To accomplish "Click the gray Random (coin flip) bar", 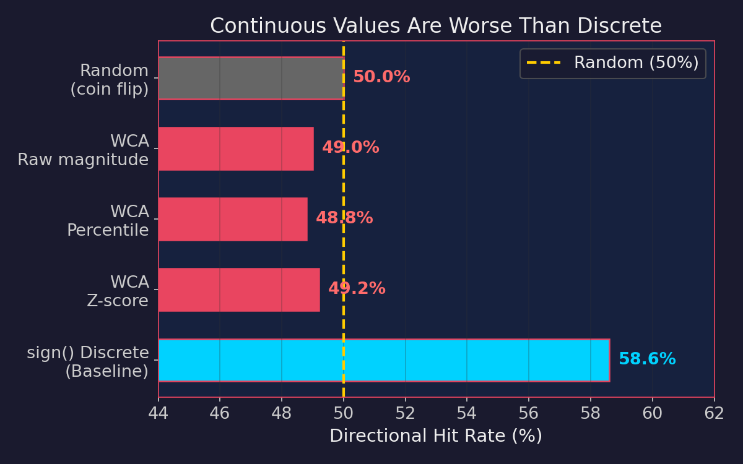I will [x=251, y=78].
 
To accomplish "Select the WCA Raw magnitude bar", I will [x=236, y=148].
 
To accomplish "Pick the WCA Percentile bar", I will [x=233, y=219].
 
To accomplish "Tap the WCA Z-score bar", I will [x=239, y=290].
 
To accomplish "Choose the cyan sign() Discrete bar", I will [x=384, y=360].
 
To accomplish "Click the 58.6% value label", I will [x=647, y=359].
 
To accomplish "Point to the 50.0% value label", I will [x=381, y=77].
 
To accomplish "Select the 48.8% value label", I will [x=344, y=218].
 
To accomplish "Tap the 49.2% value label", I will [x=357, y=289].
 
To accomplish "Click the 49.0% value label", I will [x=350, y=148].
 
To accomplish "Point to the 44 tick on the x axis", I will [x=159, y=413].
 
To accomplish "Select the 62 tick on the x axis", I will [x=714, y=413].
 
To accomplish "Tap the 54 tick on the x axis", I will [x=467, y=413].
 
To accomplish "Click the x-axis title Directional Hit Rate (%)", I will [x=436, y=436].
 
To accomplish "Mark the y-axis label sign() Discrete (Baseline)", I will [x=88, y=362].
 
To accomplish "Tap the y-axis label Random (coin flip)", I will [x=110, y=80].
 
